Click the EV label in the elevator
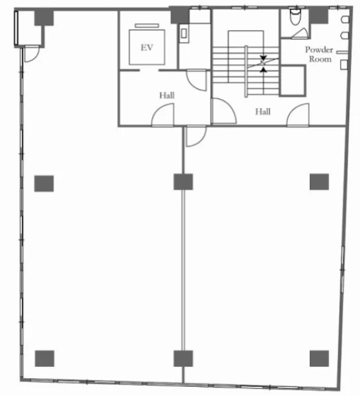pos(147,48)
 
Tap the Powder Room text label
pos(319,54)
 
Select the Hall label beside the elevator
pos(167,96)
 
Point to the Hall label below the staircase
pos(263,112)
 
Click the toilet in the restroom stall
pos(295,16)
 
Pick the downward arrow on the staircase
pos(263,58)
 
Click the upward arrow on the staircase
pos(264,69)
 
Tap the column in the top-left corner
pos(44,18)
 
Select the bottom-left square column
pos(44,358)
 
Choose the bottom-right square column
pos(319,358)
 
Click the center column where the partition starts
pos(183,182)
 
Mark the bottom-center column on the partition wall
pos(183,358)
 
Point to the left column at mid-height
pos(44,183)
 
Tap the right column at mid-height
pos(319,182)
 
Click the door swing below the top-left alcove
pos(32,54)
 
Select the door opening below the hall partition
pos(196,136)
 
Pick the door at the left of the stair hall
pos(224,111)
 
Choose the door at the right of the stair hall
pos(298,115)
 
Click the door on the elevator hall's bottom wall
pos(162,115)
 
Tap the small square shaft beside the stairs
pos(293,81)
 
